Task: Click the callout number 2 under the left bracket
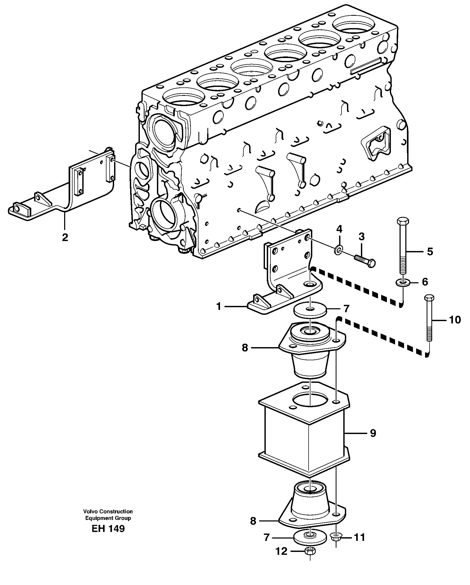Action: (65, 237)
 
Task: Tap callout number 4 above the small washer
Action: (339, 229)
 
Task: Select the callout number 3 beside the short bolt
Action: (361, 237)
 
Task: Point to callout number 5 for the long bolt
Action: (430, 252)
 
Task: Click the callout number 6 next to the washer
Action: (425, 282)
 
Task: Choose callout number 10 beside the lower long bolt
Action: (455, 320)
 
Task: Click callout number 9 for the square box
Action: (373, 433)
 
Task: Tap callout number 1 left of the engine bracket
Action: (219, 306)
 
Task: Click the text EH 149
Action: (108, 529)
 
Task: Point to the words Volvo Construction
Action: (108, 511)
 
